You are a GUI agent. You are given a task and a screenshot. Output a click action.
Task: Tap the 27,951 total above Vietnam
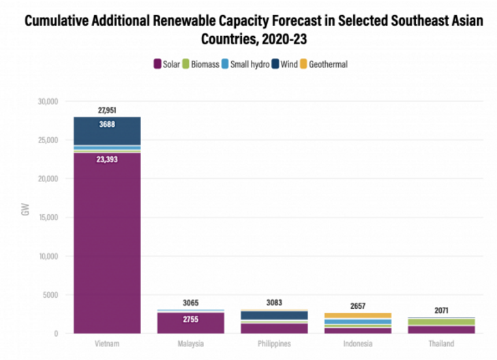107,110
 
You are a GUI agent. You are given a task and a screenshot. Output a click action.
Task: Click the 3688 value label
107,125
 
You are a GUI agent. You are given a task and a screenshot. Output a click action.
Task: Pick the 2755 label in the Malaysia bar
190,319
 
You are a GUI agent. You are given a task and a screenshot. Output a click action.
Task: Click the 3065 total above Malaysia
190,303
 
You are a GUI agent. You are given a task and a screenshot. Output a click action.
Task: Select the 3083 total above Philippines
273,302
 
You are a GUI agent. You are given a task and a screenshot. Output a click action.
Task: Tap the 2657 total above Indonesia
357,305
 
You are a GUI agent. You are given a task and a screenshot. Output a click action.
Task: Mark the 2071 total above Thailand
440,310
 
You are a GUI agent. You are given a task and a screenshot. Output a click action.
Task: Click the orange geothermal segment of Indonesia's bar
357,316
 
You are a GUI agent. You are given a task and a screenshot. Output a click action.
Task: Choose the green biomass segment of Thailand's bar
440,322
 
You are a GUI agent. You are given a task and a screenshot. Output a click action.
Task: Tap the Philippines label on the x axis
273,344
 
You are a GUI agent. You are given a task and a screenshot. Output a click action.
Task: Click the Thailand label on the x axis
440,344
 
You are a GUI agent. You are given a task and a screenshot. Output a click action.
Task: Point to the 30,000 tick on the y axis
47,102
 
